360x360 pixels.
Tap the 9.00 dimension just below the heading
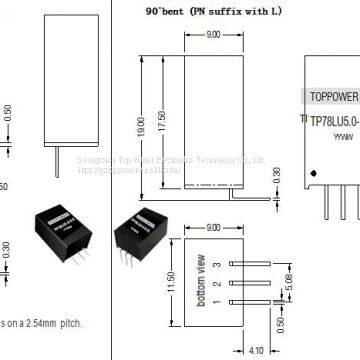pyautogui.click(x=213, y=37)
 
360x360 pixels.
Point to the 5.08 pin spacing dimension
pyautogui.click(x=290, y=294)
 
